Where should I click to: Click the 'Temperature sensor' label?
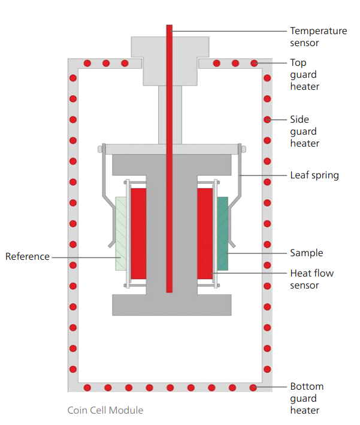318,37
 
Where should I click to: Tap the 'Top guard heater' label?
305,74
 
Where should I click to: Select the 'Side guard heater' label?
305,131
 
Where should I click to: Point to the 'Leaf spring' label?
314,175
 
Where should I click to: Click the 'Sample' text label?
307,253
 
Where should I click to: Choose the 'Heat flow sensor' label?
312,279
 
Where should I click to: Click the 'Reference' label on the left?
28,256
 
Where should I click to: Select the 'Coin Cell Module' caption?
105,410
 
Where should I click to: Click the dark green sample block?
222,233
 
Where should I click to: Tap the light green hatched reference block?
121,234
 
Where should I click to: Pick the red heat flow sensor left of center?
138,233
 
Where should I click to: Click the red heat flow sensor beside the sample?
205,233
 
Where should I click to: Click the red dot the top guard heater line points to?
254,63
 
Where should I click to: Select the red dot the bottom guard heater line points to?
253,387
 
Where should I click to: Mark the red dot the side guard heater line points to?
267,120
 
